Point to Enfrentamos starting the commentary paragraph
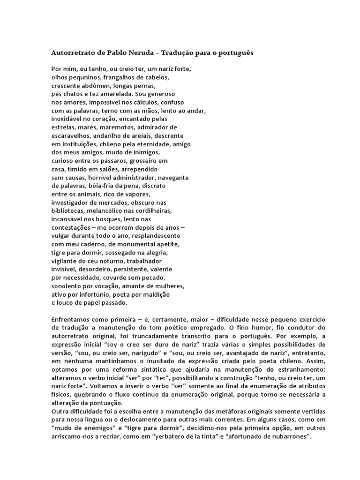point(73,320)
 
